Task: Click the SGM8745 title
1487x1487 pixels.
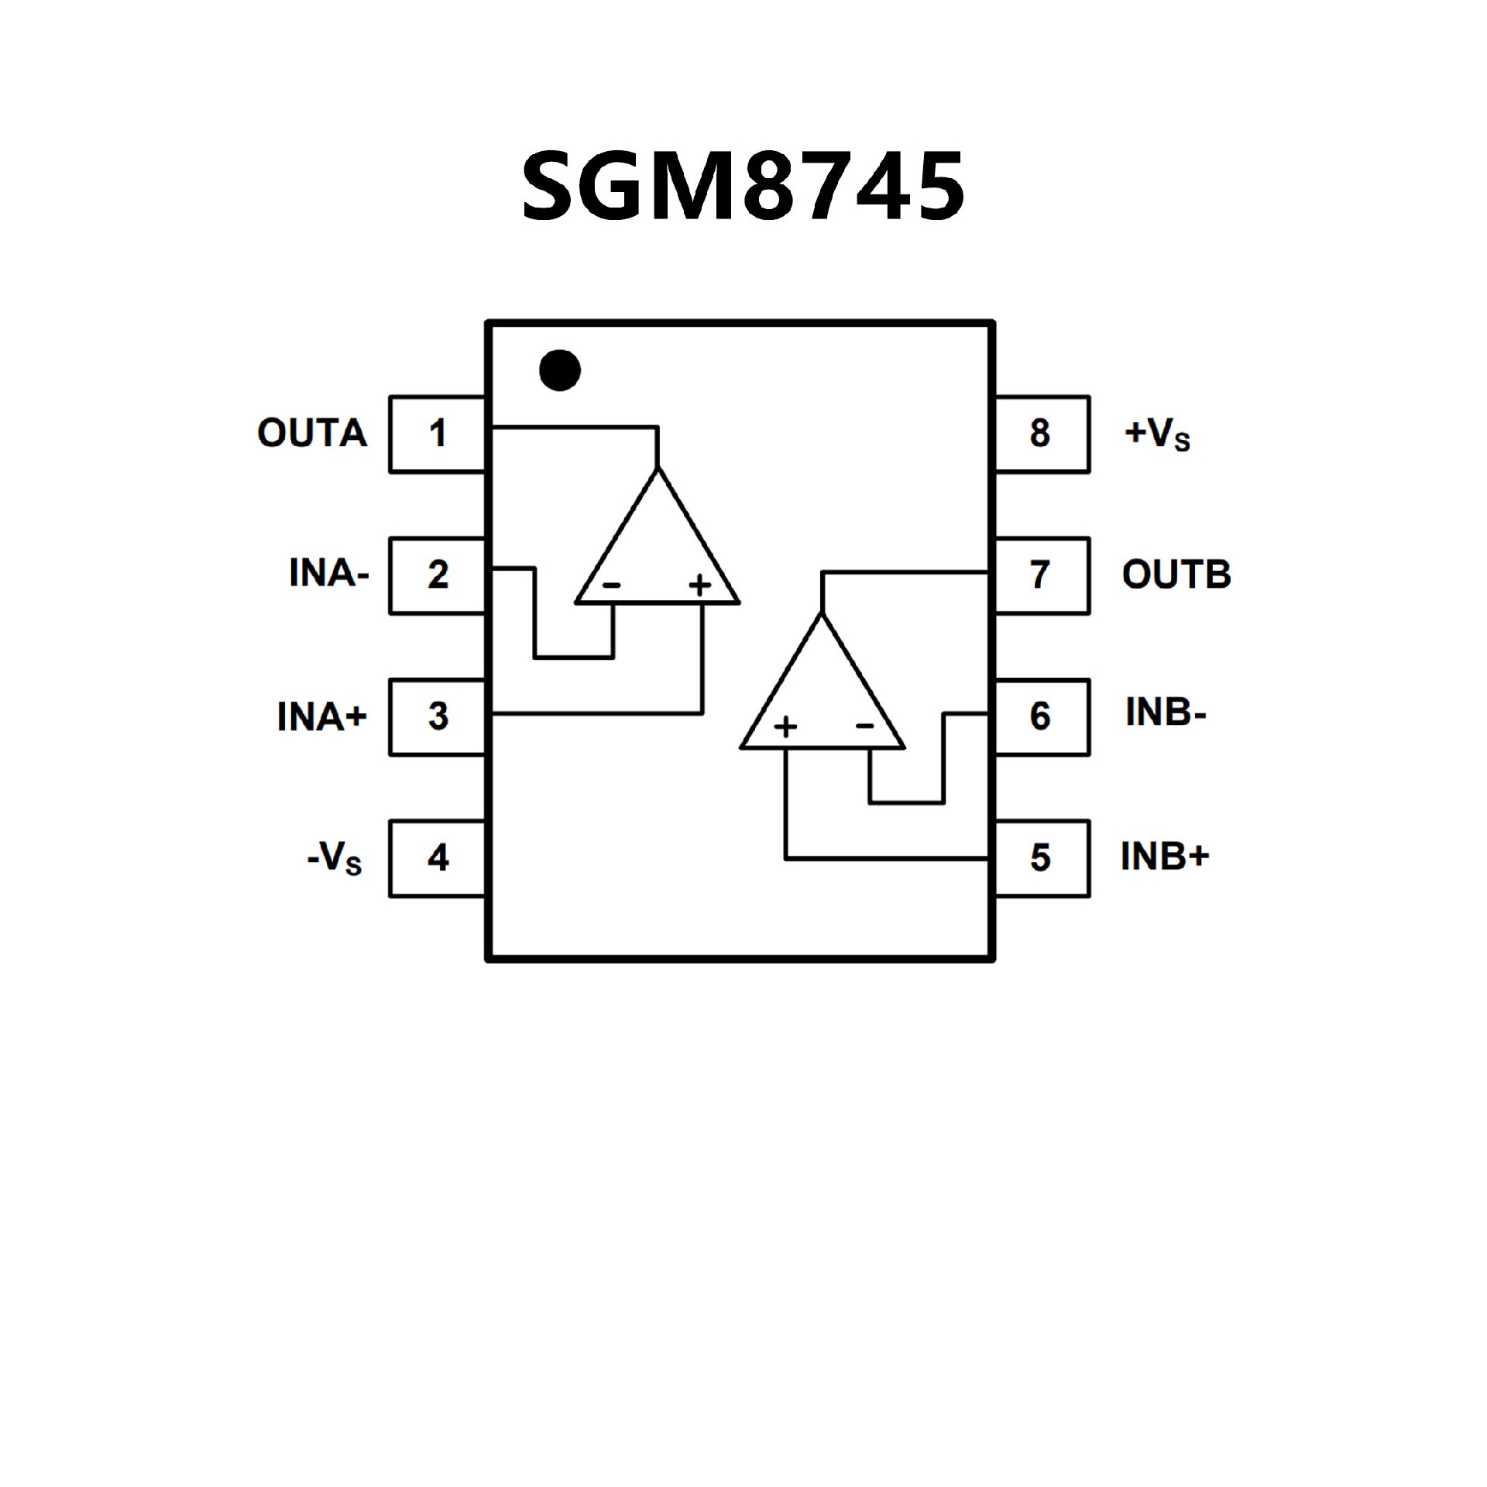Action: tap(743, 186)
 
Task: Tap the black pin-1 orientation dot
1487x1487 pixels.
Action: tap(560, 369)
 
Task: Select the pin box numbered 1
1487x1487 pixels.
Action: tap(438, 434)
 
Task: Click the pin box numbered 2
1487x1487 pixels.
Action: tap(438, 575)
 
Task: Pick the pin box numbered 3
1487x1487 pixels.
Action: tap(438, 717)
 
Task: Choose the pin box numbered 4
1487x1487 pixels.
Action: tap(438, 858)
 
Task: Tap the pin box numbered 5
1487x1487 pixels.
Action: tap(1041, 858)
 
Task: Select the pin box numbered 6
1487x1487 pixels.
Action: tap(1041, 717)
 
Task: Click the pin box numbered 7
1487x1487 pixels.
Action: tap(1041, 575)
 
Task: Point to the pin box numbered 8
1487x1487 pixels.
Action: tap(1041, 434)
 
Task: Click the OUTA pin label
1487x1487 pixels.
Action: tap(312, 434)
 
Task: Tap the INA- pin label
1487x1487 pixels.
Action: tap(329, 575)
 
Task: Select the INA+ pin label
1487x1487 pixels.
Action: tap(321, 717)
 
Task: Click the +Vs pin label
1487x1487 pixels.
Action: tap(1157, 435)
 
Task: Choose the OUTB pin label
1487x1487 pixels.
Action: tap(1176, 575)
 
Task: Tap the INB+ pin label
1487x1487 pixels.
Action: tap(1165, 857)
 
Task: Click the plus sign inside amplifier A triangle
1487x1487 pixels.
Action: tap(699, 585)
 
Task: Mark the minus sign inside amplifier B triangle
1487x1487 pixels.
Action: tap(864, 726)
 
